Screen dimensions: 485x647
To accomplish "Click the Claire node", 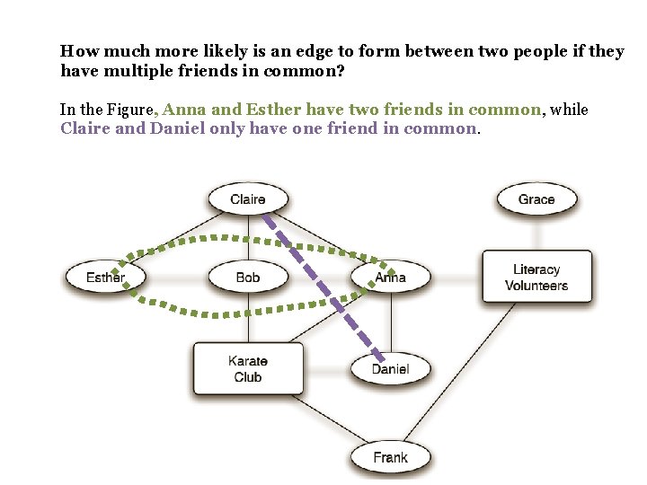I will pyautogui.click(x=247, y=199).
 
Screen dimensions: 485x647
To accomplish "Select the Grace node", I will pyautogui.click(x=536, y=199).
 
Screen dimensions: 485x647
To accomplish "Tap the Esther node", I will pyautogui.click(x=104, y=278).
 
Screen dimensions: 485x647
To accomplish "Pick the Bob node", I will pyautogui.click(x=247, y=278).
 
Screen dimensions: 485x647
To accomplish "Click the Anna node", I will pyautogui.click(x=390, y=278).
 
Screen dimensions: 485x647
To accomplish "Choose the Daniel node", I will pyautogui.click(x=390, y=368).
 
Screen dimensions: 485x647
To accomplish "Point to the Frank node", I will pyautogui.click(x=390, y=457).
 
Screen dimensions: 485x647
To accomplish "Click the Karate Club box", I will pyautogui.click(x=247, y=368).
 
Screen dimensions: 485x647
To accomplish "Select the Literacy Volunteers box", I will pyautogui.click(x=536, y=278).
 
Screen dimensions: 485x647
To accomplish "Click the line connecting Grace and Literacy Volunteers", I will pyautogui.click(x=536, y=234).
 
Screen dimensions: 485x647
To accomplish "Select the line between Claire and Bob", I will pyautogui.click(x=247, y=238).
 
